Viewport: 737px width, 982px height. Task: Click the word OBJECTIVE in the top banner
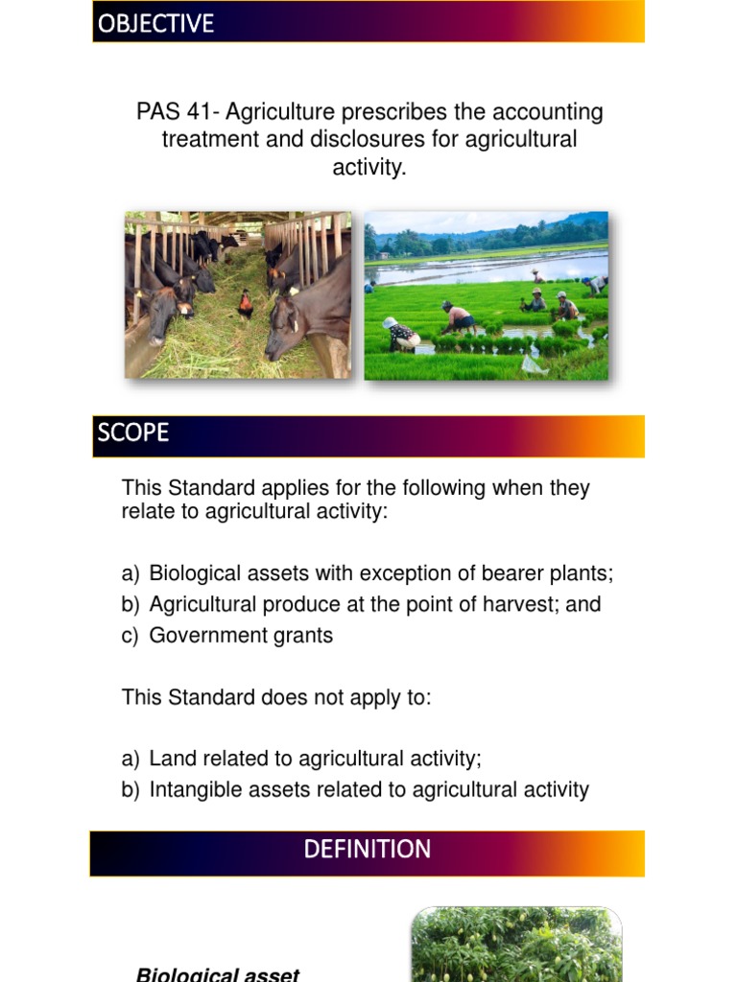155,24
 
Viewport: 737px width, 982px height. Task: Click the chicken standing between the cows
246,305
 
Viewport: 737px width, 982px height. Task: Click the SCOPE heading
132,433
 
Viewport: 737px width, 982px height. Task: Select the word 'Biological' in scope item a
196,573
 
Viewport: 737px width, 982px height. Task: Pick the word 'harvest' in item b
524,604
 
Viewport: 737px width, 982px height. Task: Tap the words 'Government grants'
241,635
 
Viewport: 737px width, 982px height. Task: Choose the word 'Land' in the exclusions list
171,759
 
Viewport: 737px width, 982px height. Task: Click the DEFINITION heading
368,850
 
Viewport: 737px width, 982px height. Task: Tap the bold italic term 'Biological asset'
218,974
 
